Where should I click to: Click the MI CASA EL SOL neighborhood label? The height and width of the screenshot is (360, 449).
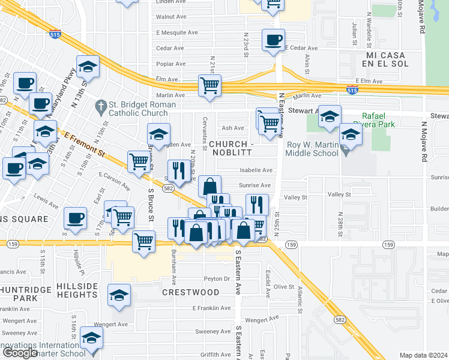(x=387, y=59)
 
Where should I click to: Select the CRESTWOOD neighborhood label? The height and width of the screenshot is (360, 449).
(x=190, y=292)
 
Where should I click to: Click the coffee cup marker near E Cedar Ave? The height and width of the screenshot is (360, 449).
(x=273, y=41)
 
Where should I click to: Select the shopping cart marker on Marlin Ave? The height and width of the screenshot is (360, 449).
(x=209, y=86)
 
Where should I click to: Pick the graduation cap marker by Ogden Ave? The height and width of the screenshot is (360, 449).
(x=158, y=135)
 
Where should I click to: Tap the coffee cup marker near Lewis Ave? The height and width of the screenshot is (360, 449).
(x=75, y=219)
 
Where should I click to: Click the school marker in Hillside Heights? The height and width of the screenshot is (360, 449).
(x=119, y=296)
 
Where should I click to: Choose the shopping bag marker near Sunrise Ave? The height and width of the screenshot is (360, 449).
(x=209, y=187)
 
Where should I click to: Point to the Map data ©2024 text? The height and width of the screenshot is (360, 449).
(x=424, y=355)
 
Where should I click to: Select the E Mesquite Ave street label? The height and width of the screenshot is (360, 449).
(x=176, y=32)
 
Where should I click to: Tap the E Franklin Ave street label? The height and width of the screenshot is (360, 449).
(x=211, y=308)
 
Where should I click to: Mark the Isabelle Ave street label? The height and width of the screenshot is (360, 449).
(x=256, y=170)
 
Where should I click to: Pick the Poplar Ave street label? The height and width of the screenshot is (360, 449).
(x=170, y=64)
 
